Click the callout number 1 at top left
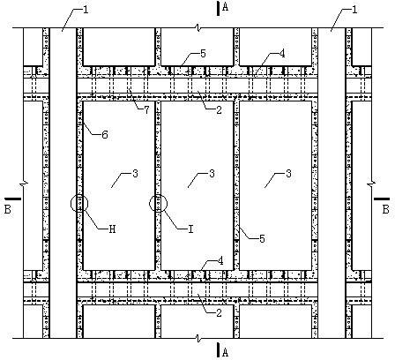point(86,10)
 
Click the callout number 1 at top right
point(354,10)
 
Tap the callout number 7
point(146,110)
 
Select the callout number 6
point(105,135)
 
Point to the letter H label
point(112,229)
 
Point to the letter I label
point(190,229)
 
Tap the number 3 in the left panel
point(135,174)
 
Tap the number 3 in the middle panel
point(212,174)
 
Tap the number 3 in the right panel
point(288,174)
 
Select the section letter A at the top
point(226,7)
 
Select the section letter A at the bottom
point(226,352)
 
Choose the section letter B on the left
point(8,209)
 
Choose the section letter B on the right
point(385,209)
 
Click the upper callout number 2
point(219,110)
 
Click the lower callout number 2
point(219,313)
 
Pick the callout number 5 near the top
point(203,54)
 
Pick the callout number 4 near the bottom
point(220,261)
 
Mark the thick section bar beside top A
point(218,9)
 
